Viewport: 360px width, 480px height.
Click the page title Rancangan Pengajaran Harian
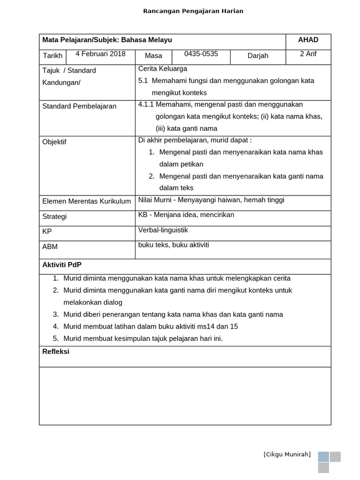pyautogui.click(x=193, y=11)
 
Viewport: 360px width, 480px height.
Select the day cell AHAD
pyautogui.click(x=308, y=40)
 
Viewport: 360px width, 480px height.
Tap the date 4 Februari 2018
pyautogui.click(x=100, y=54)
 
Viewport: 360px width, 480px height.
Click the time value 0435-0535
pyautogui.click(x=201, y=54)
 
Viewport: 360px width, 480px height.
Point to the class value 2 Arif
pyautogui.click(x=308, y=54)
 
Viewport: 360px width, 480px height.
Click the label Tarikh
pyautogui.click(x=52, y=56)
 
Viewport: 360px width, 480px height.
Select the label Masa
pyautogui.click(x=153, y=56)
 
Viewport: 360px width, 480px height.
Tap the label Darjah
pyautogui.click(x=258, y=56)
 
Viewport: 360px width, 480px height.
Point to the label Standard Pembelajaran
pyautogui.click(x=79, y=106)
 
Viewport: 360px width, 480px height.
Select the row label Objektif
pyautogui.click(x=54, y=142)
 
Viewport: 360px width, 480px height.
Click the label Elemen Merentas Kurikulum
pyautogui.click(x=87, y=202)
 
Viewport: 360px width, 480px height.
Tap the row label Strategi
pyautogui.click(x=54, y=217)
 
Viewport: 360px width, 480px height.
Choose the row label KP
pyautogui.click(x=47, y=232)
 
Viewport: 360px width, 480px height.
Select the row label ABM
pyautogui.click(x=50, y=247)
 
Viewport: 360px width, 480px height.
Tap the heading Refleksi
pyautogui.click(x=56, y=352)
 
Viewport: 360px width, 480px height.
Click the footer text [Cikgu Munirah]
pyautogui.click(x=287, y=454)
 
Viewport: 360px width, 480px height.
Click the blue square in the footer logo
pyautogui.click(x=323, y=457)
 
